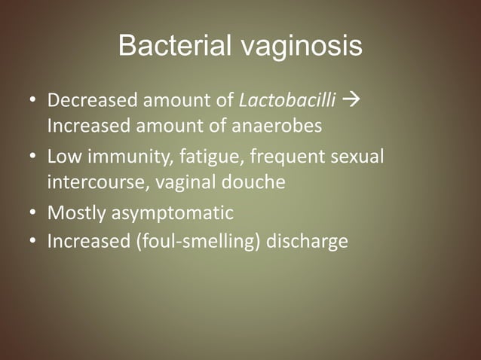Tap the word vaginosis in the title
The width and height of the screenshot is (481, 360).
302,47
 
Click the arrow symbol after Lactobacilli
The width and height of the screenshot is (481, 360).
352,100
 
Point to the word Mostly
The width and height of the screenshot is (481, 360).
76,214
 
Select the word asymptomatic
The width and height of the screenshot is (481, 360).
173,214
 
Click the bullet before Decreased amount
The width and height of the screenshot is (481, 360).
34,101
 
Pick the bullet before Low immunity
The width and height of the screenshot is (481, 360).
34,158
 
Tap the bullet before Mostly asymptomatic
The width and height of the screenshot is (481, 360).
34,214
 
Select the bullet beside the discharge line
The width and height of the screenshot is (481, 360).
34,243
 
